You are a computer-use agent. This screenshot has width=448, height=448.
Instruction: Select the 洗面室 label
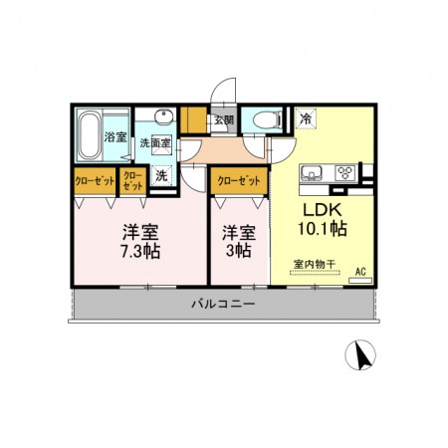(154, 143)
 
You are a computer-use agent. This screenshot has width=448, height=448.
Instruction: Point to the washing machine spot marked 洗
(161, 176)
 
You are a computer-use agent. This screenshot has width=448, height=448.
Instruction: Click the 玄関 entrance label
(224, 120)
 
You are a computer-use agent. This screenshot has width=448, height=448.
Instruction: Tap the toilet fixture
(264, 119)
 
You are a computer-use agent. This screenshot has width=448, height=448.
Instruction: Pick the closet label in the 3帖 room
(239, 181)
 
